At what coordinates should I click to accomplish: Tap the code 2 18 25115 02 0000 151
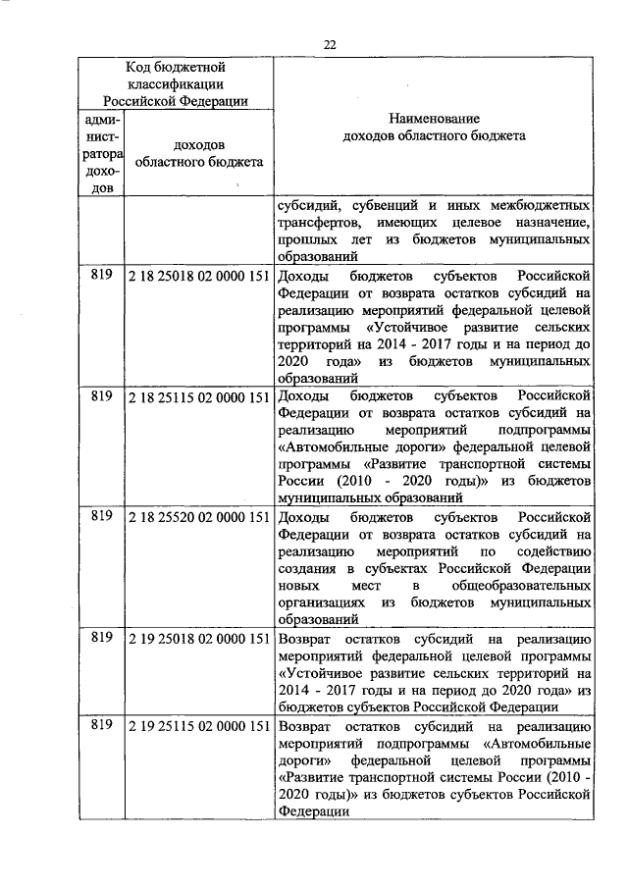(x=198, y=395)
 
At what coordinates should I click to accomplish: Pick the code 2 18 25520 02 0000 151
(x=198, y=515)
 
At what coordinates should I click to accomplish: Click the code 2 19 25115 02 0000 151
(x=198, y=726)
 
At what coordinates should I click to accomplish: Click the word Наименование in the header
(x=433, y=118)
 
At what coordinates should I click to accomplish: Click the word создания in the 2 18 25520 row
(x=306, y=568)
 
